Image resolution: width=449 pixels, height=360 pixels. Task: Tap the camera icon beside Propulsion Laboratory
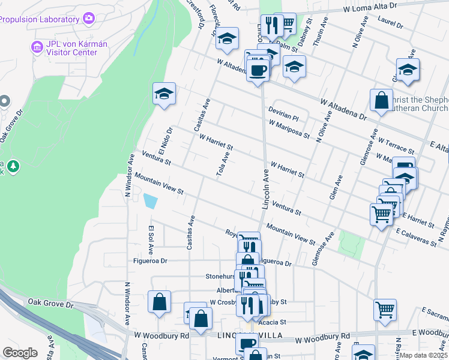(x=89, y=18)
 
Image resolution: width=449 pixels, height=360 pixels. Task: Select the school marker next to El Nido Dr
(x=164, y=94)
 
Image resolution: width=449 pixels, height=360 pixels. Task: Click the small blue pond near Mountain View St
(x=150, y=201)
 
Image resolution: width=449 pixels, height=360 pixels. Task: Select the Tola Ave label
(x=222, y=164)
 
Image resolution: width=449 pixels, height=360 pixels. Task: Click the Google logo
(x=20, y=353)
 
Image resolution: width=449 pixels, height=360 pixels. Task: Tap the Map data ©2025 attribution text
(x=423, y=355)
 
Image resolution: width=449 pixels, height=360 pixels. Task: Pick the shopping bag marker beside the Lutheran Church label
(x=381, y=101)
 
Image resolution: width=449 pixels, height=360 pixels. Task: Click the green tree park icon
(x=13, y=166)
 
